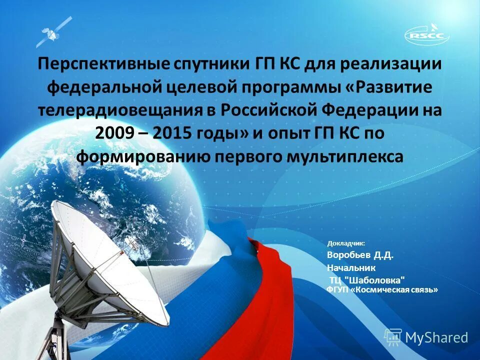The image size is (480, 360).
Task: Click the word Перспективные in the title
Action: tap(102, 64)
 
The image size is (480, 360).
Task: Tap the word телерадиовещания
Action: tap(117, 111)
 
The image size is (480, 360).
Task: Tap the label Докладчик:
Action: tap(346, 243)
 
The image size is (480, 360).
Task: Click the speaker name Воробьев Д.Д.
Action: tap(360, 255)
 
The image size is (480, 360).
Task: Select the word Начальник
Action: tap(351, 268)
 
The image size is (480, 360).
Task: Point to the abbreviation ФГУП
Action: tap(337, 289)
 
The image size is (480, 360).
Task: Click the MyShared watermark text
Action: tap(436, 338)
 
